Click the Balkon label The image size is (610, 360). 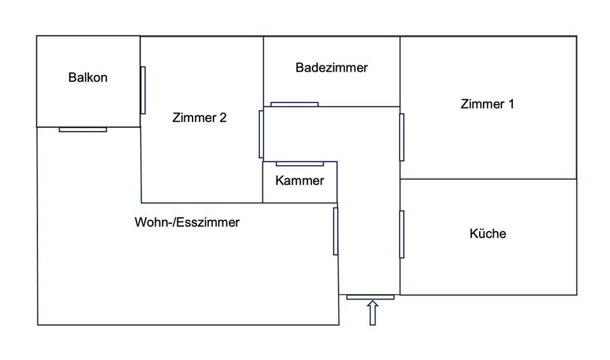pyautogui.click(x=88, y=78)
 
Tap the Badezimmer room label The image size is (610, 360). pyautogui.click(x=331, y=67)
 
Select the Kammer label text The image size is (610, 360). pyautogui.click(x=299, y=181)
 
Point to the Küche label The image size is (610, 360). pyautogui.click(x=487, y=234)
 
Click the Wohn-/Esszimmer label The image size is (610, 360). pyautogui.click(x=187, y=223)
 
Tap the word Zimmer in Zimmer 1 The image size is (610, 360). pyautogui.click(x=480, y=104)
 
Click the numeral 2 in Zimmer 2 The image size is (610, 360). pyautogui.click(x=222, y=117)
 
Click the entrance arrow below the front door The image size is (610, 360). pyautogui.click(x=373, y=313)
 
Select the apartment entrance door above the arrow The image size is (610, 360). pyautogui.click(x=370, y=297)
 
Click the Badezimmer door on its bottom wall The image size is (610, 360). pyautogui.click(x=294, y=104)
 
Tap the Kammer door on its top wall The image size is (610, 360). pyautogui.click(x=299, y=164)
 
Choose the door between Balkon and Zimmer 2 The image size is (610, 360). pyautogui.click(x=143, y=90)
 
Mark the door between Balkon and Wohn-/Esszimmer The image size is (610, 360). pyautogui.click(x=83, y=130)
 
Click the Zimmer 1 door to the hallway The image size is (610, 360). pyautogui.click(x=402, y=137)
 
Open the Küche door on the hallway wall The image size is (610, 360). pyautogui.click(x=402, y=234)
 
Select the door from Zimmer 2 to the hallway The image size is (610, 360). pyautogui.click(x=261, y=134)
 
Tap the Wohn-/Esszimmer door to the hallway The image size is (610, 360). pyautogui.click(x=335, y=231)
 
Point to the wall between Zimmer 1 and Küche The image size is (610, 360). pyautogui.click(x=488, y=179)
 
